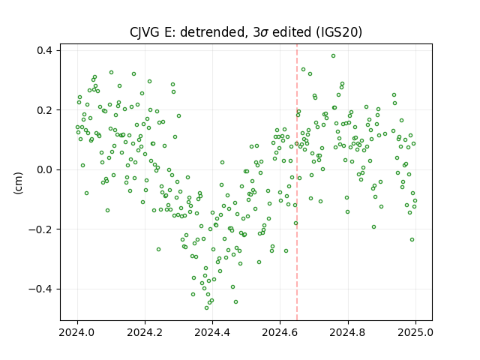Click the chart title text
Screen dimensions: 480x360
[x=246, y=32]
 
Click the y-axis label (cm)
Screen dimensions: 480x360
[x=18, y=183]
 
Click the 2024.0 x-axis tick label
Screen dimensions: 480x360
[x=77, y=332]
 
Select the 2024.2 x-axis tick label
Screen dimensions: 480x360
[x=145, y=332]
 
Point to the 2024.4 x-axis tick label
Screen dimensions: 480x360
[x=212, y=332]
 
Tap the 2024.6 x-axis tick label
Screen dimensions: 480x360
[x=280, y=332]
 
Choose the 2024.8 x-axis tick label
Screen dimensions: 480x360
[x=348, y=332]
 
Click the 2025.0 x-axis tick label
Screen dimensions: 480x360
[x=415, y=332]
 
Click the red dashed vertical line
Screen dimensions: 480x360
[x=297, y=182]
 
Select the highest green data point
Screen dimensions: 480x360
[x=333, y=55]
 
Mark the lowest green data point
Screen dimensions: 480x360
[x=207, y=307]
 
